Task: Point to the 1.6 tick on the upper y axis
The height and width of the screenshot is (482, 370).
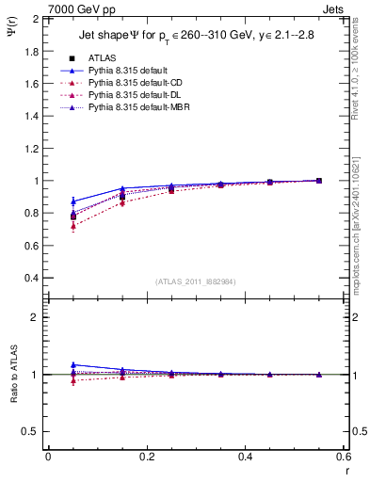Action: (x=32, y=83)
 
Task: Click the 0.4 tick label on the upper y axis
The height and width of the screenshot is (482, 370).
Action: (x=32, y=278)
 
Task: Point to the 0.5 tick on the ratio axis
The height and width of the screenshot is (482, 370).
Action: (x=32, y=431)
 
